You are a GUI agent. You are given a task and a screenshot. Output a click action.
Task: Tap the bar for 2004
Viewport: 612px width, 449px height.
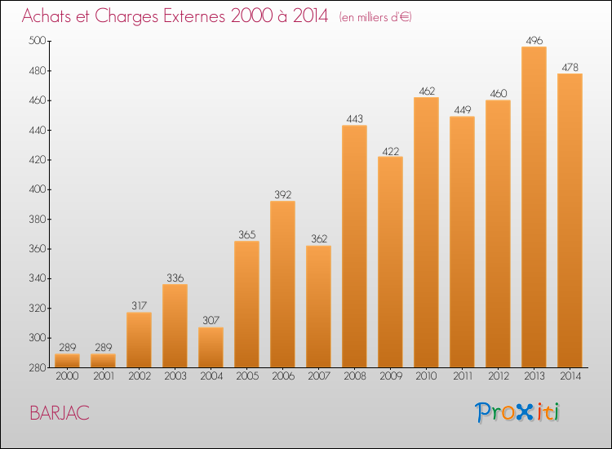(211, 347)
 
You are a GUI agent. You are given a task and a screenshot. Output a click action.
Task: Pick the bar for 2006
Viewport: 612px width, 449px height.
(282, 284)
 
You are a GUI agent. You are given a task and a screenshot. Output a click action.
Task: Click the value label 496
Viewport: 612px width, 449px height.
(534, 40)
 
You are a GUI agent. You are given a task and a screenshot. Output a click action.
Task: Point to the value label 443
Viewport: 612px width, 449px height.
(354, 118)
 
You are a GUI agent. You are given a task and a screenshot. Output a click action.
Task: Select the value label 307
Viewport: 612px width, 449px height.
(211, 321)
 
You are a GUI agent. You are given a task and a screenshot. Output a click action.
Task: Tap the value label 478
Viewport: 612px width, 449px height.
(570, 67)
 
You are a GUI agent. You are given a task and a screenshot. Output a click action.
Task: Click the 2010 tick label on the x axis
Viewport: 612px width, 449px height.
(426, 377)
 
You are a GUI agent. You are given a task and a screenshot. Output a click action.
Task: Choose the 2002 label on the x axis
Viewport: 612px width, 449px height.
(139, 377)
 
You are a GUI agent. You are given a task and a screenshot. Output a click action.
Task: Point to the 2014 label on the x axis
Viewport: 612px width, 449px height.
(570, 377)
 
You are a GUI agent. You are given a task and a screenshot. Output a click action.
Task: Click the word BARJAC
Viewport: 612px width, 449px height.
(60, 412)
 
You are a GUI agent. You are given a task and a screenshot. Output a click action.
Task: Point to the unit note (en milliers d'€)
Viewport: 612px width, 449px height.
(375, 17)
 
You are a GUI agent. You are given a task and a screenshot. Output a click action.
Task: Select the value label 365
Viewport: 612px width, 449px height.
(246, 234)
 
